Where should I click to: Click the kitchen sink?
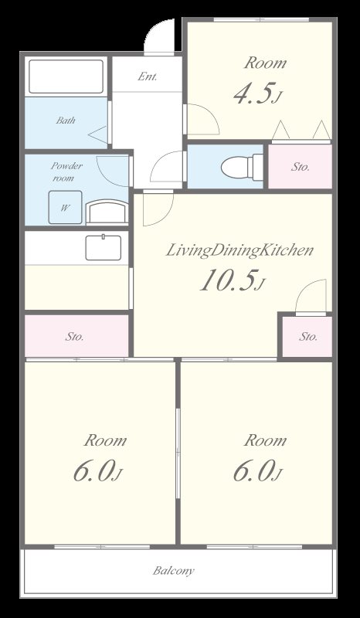[x=102, y=248]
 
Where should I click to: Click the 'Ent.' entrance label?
[x=148, y=76]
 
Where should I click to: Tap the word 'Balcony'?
[x=173, y=572]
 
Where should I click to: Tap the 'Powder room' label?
[x=66, y=171]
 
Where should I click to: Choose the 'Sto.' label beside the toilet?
[x=301, y=167]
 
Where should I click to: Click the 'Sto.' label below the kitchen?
[x=74, y=337]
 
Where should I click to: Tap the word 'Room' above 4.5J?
[x=265, y=63]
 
